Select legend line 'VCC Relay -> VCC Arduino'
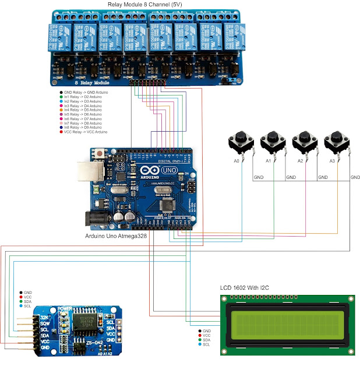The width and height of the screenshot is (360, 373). (85, 132)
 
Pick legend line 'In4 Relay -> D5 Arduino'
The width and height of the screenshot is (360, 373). (82, 110)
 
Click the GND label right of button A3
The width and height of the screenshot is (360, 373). (355, 177)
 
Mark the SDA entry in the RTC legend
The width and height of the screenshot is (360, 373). (27, 301)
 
